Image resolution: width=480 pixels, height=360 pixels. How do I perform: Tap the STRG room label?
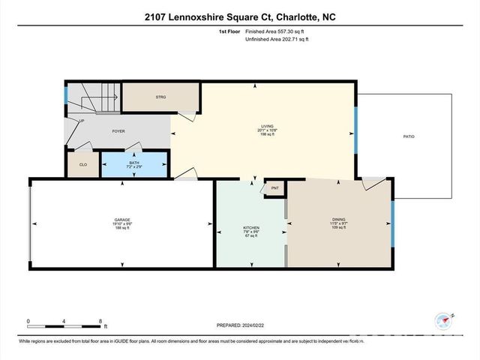point(160,97)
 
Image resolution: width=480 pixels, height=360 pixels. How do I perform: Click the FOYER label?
point(118,130)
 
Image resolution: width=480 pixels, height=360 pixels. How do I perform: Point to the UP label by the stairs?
point(81,121)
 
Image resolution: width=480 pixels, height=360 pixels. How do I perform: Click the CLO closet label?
point(82,166)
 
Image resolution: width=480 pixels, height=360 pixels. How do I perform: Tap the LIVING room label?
point(267,126)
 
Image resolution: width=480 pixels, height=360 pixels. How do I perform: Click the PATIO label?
point(409,136)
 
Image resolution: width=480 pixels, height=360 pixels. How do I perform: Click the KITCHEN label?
point(250,227)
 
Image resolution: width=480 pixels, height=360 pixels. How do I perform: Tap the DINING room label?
point(339,219)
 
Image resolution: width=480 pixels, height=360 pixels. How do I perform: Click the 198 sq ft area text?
point(267,135)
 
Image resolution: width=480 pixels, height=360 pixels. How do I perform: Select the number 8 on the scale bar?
point(100,322)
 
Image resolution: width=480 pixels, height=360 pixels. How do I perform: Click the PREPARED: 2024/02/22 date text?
point(239,324)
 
